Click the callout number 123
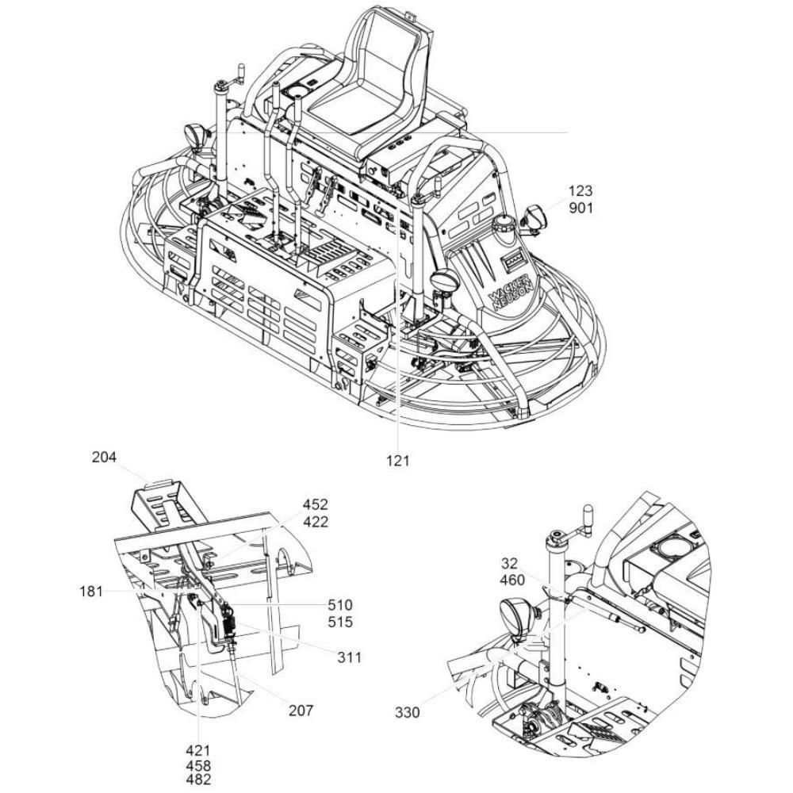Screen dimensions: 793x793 click(580, 191)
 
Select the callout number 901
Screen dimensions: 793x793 click(580, 208)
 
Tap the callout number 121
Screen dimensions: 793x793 click(397, 461)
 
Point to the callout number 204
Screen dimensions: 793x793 click(104, 458)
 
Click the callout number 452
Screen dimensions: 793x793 click(316, 504)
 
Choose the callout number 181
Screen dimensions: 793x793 click(91, 592)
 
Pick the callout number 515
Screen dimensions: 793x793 click(340, 622)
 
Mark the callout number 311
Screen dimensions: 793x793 click(350, 657)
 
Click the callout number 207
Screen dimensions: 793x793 click(301, 711)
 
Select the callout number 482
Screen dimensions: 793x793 click(198, 780)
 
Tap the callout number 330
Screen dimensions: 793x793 click(408, 713)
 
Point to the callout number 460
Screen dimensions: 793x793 click(512, 580)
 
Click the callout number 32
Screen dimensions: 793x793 click(510, 563)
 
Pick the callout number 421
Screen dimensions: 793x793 click(197, 750)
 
